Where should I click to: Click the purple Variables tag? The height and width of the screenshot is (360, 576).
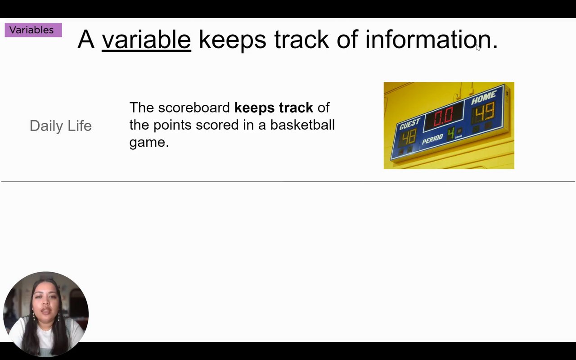(x=33, y=30)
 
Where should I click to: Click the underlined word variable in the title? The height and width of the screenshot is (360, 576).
(x=147, y=40)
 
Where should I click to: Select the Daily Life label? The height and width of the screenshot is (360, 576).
(x=61, y=126)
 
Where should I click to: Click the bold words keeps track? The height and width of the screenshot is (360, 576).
(x=274, y=108)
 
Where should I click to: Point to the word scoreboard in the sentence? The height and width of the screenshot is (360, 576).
(x=194, y=108)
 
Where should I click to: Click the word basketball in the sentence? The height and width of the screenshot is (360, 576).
(x=302, y=125)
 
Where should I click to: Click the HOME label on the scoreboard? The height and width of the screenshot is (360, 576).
(x=484, y=98)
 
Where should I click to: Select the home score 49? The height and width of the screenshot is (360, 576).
(x=485, y=112)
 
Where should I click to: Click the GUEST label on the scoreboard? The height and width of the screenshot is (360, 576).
(x=409, y=124)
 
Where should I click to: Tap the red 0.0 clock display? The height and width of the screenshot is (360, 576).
(x=444, y=117)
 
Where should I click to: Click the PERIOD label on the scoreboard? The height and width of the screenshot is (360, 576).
(x=432, y=139)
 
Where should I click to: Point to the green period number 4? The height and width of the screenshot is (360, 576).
(x=451, y=134)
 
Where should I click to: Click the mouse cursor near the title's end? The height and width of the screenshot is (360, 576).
(x=478, y=48)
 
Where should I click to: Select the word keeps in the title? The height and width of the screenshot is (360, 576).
(x=233, y=40)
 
